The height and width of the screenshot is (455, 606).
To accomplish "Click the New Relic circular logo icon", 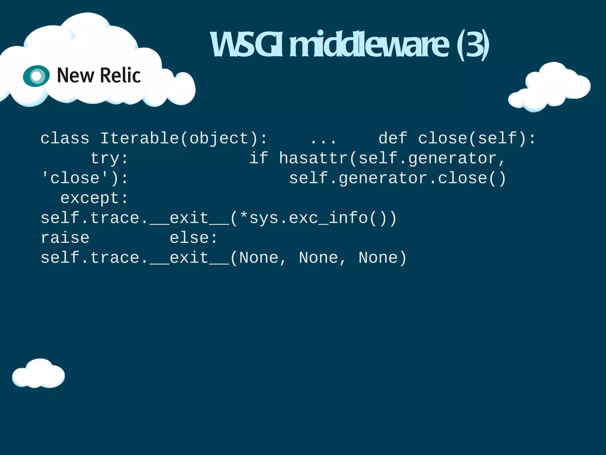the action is [x=36, y=76].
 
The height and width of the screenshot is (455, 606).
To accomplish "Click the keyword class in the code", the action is [x=65, y=138].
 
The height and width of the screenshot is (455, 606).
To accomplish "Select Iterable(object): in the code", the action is [x=184, y=138].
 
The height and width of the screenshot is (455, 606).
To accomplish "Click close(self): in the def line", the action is [x=477, y=138].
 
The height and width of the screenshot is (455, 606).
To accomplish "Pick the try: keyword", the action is [x=109, y=158].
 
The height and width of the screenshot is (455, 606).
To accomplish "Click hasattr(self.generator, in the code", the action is [x=392, y=158].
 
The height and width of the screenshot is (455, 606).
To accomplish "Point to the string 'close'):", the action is [x=85, y=178].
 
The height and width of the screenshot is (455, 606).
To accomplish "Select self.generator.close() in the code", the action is [x=397, y=178].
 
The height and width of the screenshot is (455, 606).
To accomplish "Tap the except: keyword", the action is [x=94, y=198].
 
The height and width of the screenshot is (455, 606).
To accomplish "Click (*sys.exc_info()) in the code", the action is [x=313, y=218].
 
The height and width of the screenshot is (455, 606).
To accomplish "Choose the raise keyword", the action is [x=65, y=238].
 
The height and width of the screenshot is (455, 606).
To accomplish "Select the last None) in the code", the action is [x=383, y=258].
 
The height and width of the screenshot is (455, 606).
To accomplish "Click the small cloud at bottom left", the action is [x=38, y=374].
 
